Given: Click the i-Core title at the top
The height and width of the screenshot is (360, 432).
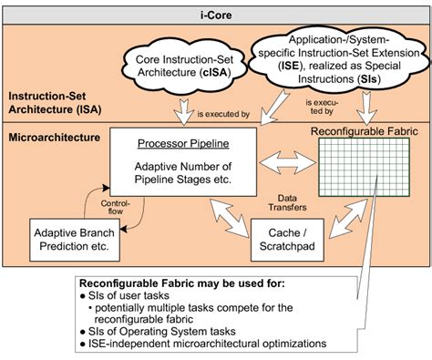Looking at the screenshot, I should pyautogui.click(x=215, y=11).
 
